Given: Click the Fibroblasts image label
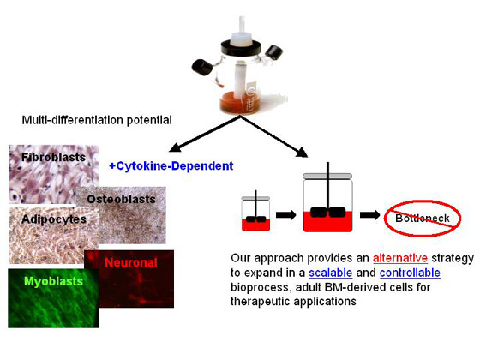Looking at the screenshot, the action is pyautogui.click(x=53, y=157).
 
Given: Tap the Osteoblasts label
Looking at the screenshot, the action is pyautogui.click(x=121, y=199).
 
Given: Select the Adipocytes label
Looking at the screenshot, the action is pyautogui.click(x=54, y=219).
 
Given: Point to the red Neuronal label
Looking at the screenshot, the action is pyautogui.click(x=131, y=262).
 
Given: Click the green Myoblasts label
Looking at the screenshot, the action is pyautogui.click(x=53, y=281).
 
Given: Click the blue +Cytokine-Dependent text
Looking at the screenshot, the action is pyautogui.click(x=171, y=166).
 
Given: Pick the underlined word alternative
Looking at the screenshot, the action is pyautogui.click(x=400, y=258).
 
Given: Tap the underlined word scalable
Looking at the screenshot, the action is pyautogui.click(x=331, y=273).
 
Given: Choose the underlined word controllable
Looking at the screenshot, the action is pyautogui.click(x=410, y=273).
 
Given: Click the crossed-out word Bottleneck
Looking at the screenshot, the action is pyautogui.click(x=423, y=219).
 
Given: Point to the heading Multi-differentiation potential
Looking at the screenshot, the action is pyautogui.click(x=97, y=120).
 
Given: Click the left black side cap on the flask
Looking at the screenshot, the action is pyautogui.click(x=202, y=68).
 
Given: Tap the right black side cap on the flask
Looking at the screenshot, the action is pyautogui.click(x=274, y=52).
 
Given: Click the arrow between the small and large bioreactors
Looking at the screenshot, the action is pyautogui.click(x=286, y=215).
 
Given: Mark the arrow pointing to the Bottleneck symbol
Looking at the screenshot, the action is pyautogui.click(x=369, y=215).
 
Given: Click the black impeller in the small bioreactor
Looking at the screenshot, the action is pyautogui.click(x=256, y=219).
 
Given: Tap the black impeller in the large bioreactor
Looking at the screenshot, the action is pyautogui.click(x=328, y=213).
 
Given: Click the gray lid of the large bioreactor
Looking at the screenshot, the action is pyautogui.click(x=327, y=177).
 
